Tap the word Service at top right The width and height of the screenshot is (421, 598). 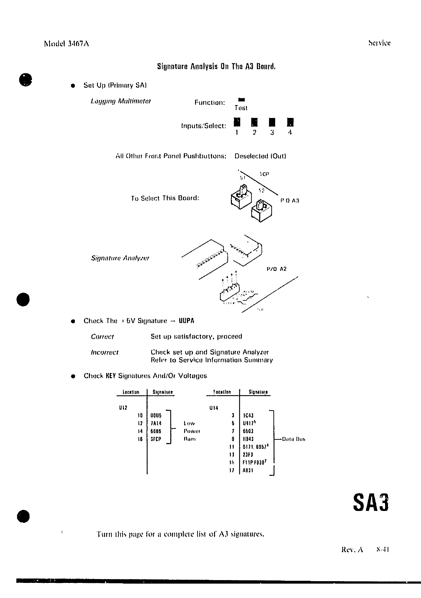379,43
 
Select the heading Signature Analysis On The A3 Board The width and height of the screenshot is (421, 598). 216,66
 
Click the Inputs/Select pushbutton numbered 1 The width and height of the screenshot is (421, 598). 237,122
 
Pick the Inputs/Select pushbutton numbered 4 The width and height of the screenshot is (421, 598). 290,122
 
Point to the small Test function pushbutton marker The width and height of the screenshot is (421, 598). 241,100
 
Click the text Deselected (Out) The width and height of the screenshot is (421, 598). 260,156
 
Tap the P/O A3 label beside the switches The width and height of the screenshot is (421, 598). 290,201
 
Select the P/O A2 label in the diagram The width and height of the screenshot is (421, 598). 277,269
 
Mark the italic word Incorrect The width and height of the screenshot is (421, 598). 105,352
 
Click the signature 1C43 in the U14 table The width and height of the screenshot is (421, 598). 248,416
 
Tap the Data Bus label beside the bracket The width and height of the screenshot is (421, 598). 293,439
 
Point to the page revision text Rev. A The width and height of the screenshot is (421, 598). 352,550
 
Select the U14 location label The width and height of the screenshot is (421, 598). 214,408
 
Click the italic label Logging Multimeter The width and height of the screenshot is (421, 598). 121,101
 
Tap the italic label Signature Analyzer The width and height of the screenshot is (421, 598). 120,258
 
